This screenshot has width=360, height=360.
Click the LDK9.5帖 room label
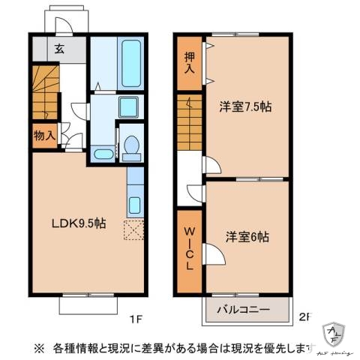point(78,223)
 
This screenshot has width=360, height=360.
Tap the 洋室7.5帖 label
point(244,106)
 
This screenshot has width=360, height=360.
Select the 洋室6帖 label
point(247,235)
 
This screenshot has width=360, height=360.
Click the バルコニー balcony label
point(244,308)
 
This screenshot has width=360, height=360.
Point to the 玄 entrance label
point(58,49)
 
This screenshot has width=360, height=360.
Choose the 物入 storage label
point(44,136)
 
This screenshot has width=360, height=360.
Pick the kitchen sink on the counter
point(135,205)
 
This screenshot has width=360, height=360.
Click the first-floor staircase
point(45,91)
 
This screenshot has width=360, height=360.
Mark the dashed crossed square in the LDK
point(135,231)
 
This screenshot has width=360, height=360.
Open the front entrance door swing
point(64,25)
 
